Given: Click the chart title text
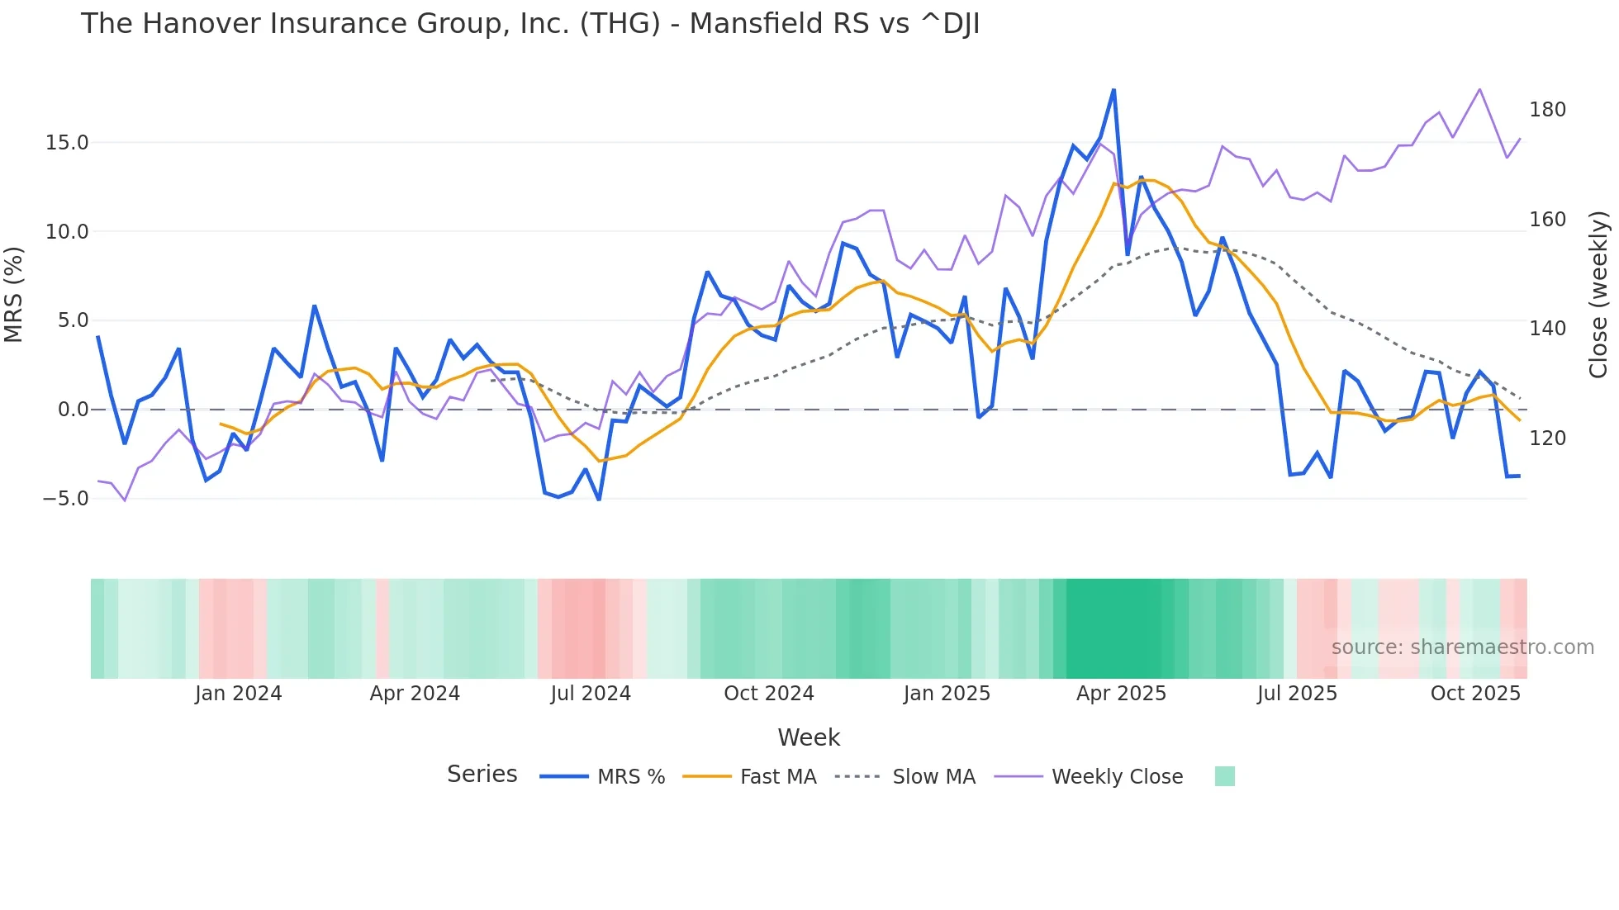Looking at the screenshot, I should click(x=529, y=24).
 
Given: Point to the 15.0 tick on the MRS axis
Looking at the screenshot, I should click(x=66, y=143).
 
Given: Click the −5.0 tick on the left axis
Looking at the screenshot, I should click(x=65, y=499).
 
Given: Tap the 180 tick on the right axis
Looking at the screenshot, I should click(x=1547, y=110).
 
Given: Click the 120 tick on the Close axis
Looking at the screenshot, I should click(x=1547, y=438).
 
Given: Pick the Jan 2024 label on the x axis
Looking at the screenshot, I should click(x=238, y=694).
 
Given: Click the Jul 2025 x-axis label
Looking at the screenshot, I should click(x=1297, y=694).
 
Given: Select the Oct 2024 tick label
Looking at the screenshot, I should click(x=768, y=694).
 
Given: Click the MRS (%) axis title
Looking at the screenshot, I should click(x=14, y=294).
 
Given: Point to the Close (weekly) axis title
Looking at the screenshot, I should click(x=1598, y=294).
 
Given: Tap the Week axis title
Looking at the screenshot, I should click(x=809, y=737).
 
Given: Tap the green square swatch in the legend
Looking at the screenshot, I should click(x=1225, y=776).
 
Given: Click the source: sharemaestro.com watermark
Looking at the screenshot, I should click(x=1462, y=647).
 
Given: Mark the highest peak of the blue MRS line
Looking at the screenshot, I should click(x=1113, y=90).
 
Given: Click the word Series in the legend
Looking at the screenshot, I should click(x=482, y=775).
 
